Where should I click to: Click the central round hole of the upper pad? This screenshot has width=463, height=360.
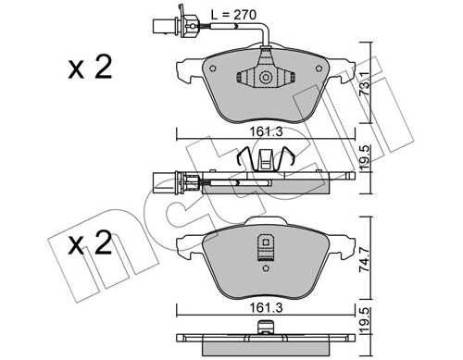[x=267, y=79]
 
